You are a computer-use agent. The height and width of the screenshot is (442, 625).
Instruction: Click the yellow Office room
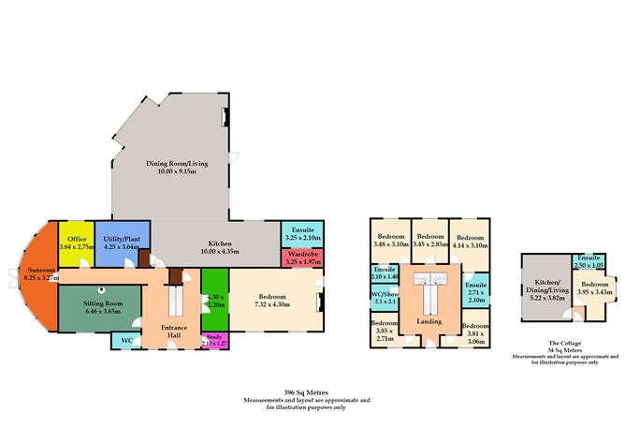tap(77, 243)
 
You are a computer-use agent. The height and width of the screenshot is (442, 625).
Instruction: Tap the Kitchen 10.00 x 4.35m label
tap(215, 247)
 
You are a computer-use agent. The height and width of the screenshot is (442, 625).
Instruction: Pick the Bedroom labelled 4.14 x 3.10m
tap(469, 241)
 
